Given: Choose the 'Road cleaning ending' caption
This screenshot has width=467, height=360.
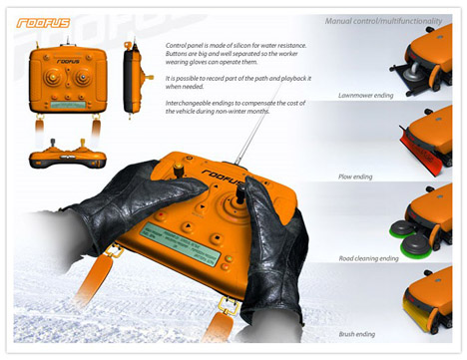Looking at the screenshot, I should pyautogui.click(x=367, y=257).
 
